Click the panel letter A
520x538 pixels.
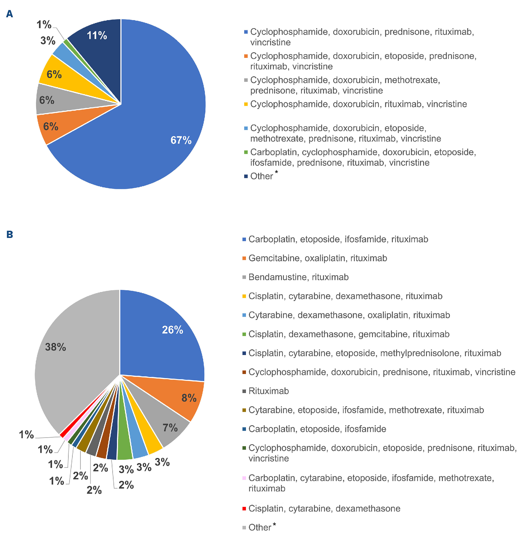[10, 14]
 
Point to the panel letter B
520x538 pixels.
[10, 234]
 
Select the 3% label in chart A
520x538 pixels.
[48, 41]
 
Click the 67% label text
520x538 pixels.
[181, 140]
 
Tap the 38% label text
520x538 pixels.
[55, 347]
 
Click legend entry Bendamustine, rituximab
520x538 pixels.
[298, 277]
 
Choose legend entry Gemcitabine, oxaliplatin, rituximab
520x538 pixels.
[317, 258]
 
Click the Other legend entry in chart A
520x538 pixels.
[262, 176]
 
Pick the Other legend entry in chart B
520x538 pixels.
[260, 527]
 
